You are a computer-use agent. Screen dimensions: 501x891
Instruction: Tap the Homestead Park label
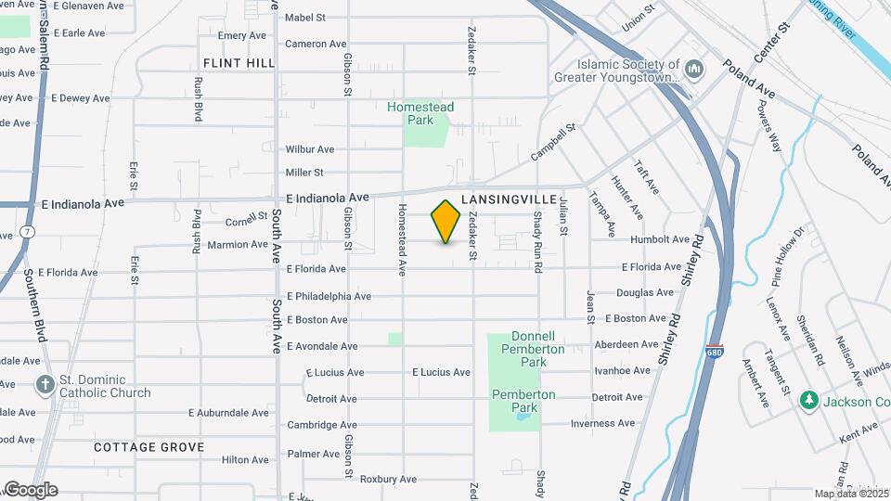pyautogui.click(x=420, y=113)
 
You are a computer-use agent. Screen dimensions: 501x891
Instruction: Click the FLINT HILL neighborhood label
pyautogui.click(x=239, y=63)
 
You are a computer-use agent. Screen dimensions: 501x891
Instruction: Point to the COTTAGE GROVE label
pyautogui.click(x=148, y=447)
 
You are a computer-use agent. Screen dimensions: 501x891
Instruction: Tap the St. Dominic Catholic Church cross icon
pyautogui.click(x=45, y=384)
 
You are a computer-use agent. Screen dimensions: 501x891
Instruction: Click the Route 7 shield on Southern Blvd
pyautogui.click(x=29, y=231)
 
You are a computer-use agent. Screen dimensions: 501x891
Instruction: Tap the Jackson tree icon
pyautogui.click(x=809, y=400)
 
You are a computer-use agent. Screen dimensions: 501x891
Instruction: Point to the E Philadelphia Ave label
pyautogui.click(x=329, y=296)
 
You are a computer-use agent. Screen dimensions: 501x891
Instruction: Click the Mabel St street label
pyautogui.click(x=305, y=18)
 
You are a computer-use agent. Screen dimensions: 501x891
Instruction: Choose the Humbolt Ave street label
pyautogui.click(x=660, y=239)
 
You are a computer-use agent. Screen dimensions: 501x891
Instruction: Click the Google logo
pyautogui.click(x=31, y=489)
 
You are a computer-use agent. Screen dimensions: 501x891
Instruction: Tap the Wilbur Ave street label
pyautogui.click(x=310, y=148)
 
